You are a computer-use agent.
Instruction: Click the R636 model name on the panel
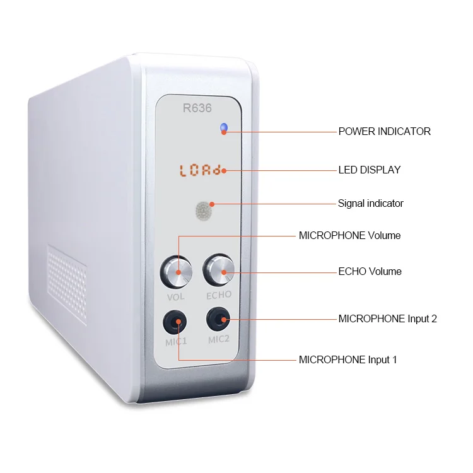click(197, 108)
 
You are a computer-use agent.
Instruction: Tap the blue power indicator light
click(223, 129)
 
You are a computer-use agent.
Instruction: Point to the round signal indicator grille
click(203, 211)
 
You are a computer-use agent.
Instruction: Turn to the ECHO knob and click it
click(218, 271)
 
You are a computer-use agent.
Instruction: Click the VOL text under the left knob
click(176, 296)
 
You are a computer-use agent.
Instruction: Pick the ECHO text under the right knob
click(219, 295)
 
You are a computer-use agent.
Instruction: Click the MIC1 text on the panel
click(176, 342)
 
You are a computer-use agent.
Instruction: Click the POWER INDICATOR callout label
click(384, 132)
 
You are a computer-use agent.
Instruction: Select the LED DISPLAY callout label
click(369, 170)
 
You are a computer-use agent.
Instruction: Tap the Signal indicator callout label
click(370, 203)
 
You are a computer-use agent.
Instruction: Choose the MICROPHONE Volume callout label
click(349, 236)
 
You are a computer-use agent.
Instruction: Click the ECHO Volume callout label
click(370, 272)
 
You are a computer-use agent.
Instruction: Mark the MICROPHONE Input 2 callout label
click(387, 318)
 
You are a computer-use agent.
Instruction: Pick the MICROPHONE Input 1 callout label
click(347, 360)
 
